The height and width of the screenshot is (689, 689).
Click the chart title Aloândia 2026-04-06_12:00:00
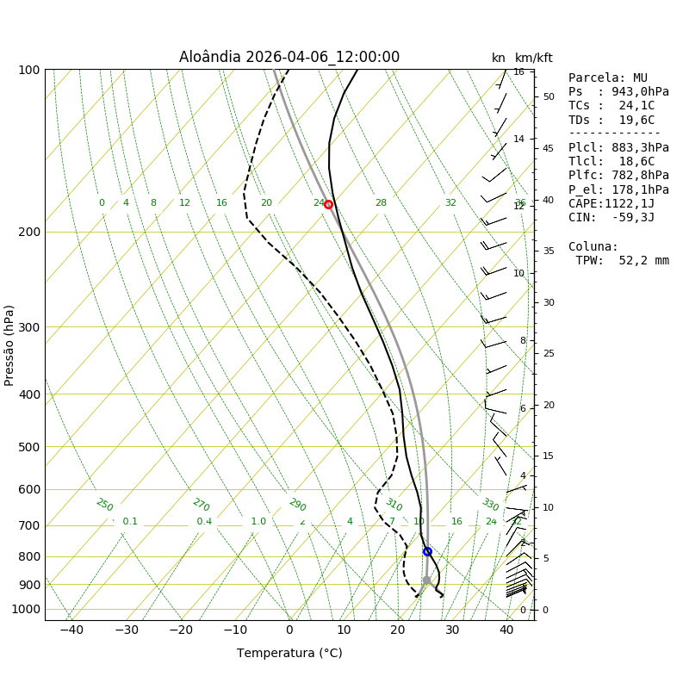(x=289, y=58)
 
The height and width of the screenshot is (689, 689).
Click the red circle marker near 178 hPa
(x=328, y=204)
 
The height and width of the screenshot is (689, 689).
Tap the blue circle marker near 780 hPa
(x=427, y=551)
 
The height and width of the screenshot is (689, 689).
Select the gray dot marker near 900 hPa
(x=426, y=580)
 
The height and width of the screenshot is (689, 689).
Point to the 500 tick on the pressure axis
(x=29, y=447)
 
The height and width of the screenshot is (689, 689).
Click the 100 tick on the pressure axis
(x=29, y=70)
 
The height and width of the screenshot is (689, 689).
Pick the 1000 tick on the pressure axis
(x=26, y=609)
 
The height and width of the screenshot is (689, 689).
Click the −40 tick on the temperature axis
(x=71, y=630)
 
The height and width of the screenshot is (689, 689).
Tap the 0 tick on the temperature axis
(x=289, y=630)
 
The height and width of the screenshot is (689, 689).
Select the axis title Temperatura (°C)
(x=289, y=654)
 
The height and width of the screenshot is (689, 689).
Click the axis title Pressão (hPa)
(x=9, y=344)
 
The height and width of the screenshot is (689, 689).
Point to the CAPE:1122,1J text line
(x=611, y=204)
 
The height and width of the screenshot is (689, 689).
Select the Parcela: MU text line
(x=608, y=78)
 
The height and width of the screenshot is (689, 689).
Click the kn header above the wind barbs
(x=499, y=59)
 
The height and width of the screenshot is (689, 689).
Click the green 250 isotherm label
(x=104, y=506)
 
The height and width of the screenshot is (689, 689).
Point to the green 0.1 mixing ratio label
(x=130, y=522)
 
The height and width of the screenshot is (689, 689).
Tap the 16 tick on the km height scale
(x=519, y=72)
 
